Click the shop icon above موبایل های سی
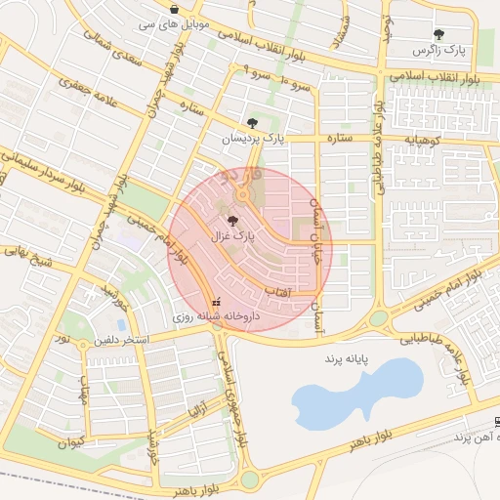[174, 9]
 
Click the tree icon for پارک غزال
[230, 222]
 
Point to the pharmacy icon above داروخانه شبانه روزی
[216, 302]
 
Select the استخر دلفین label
[121, 341]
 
